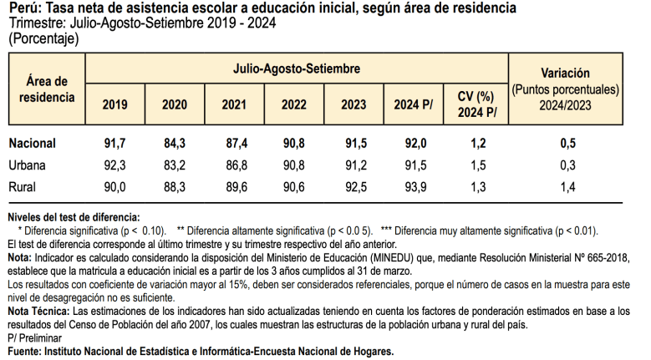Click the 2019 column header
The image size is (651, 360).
coord(114,105)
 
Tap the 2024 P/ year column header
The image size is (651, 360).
coord(415,105)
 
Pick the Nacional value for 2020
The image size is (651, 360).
coord(175,144)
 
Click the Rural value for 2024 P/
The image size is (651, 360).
coord(415,186)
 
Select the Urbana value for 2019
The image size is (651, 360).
coord(114,165)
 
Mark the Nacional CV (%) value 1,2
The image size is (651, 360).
coord(478,144)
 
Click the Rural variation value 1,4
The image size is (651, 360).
coord(567,186)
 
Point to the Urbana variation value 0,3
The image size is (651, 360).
coord(567,165)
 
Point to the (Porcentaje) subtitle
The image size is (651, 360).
coord(43,38)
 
